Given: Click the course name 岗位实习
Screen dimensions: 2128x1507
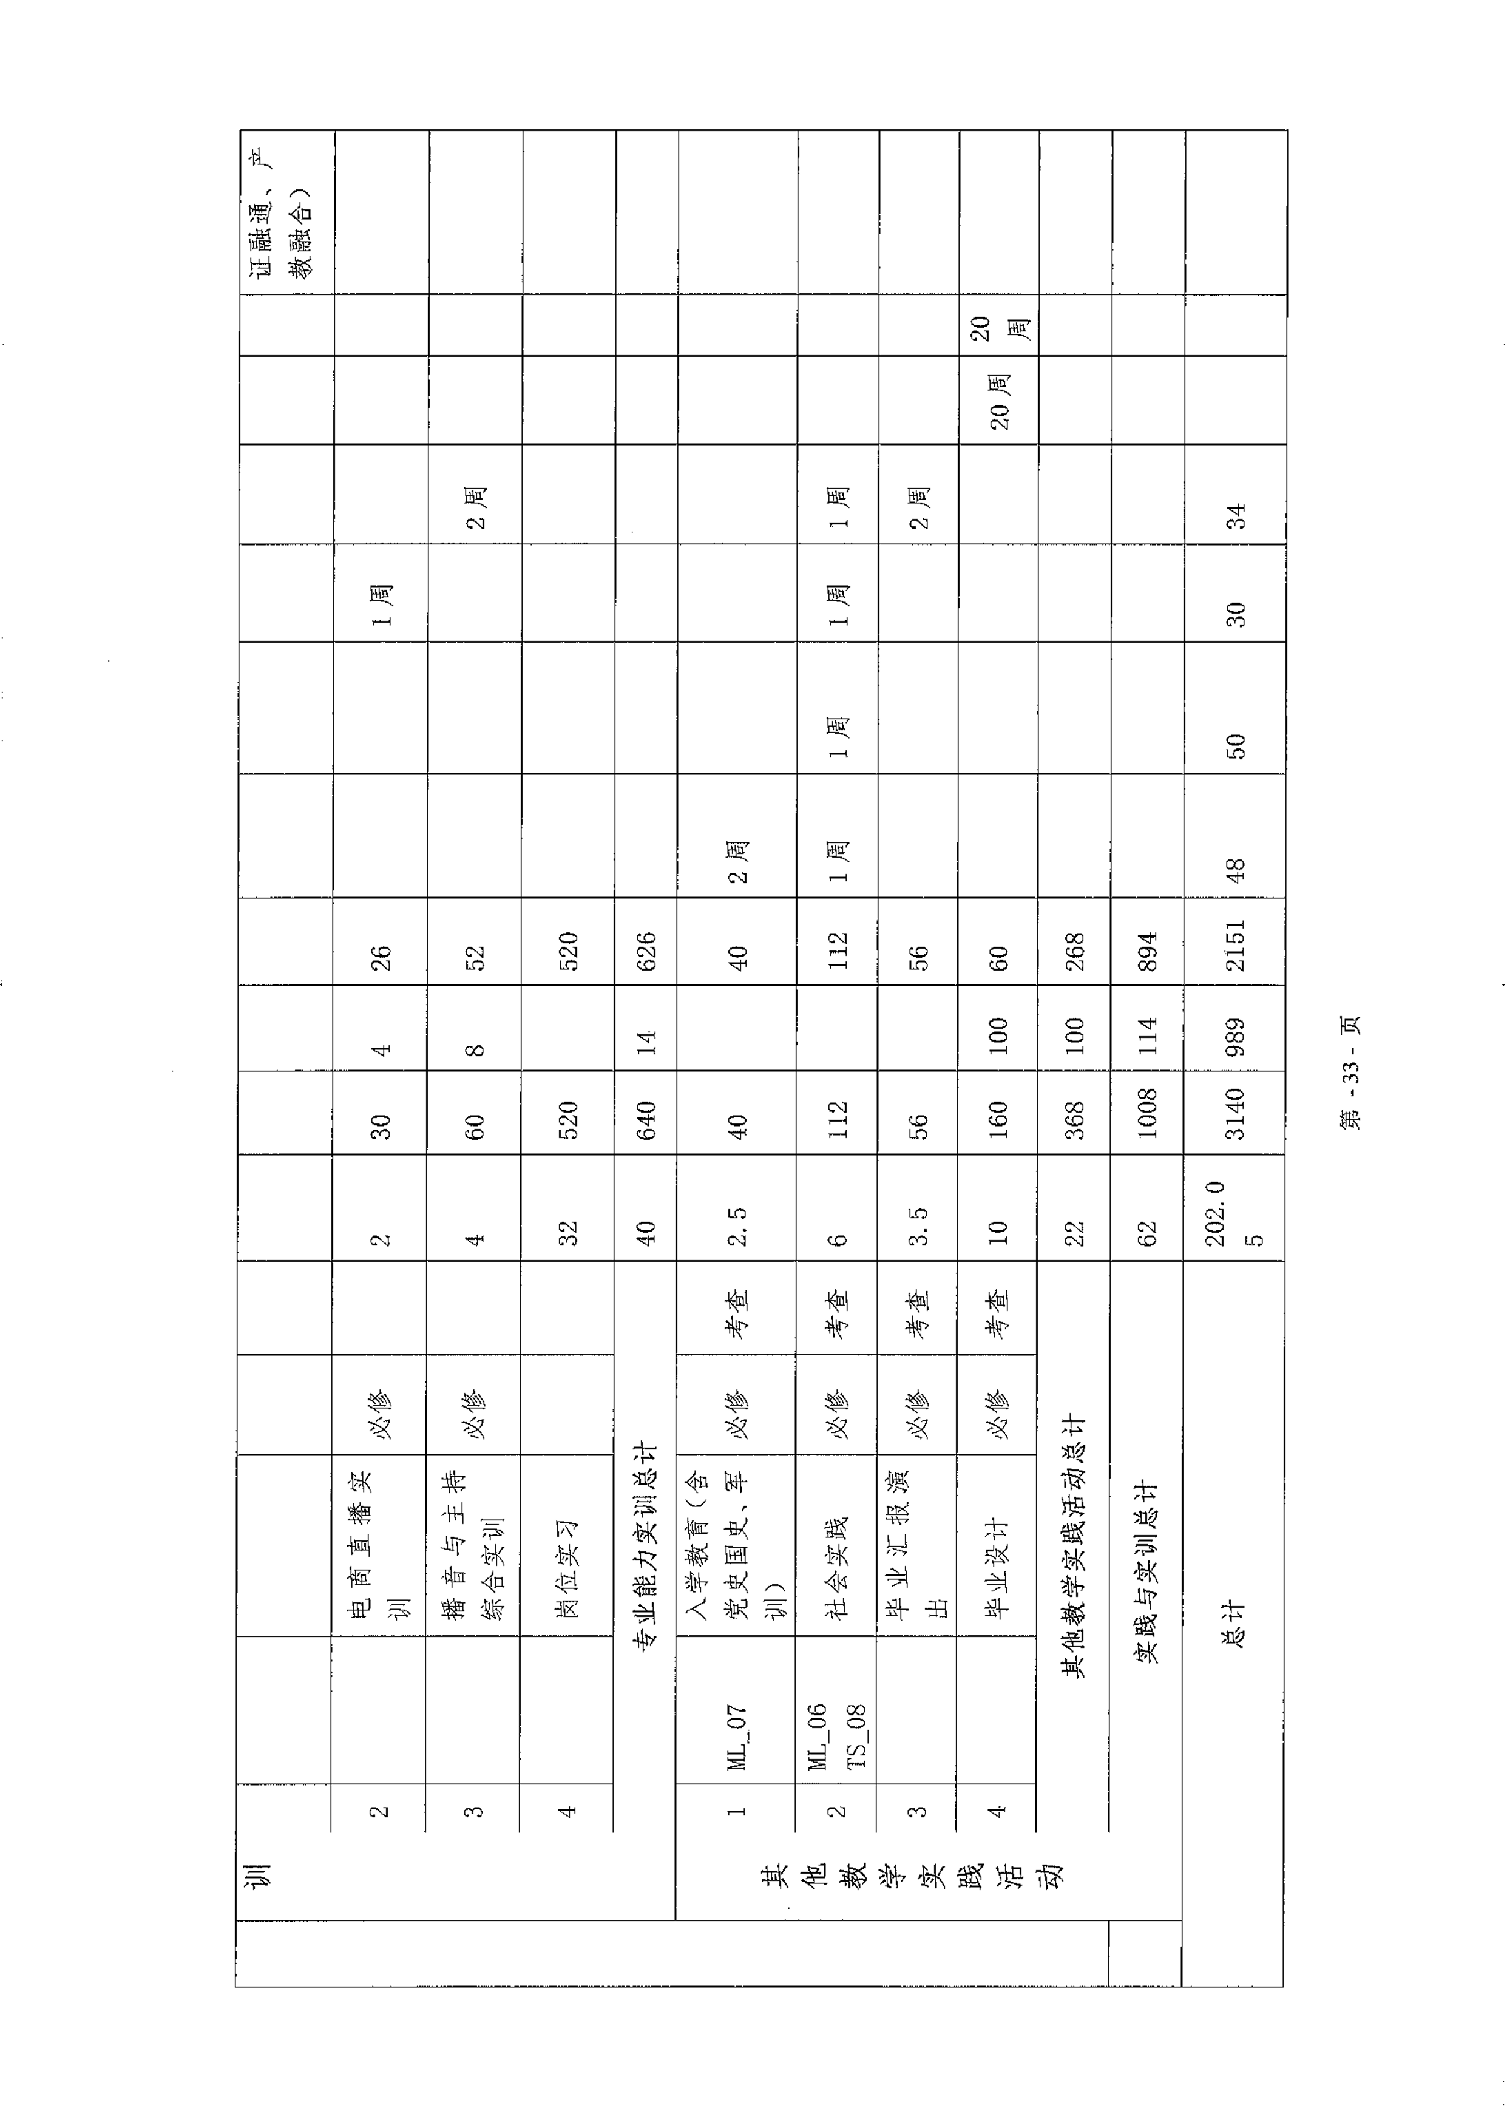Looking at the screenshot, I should pos(567,1568).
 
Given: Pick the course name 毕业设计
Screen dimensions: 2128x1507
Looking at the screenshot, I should pos(998,1568).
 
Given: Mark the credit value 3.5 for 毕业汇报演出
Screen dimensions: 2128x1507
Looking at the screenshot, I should pos(918,1227).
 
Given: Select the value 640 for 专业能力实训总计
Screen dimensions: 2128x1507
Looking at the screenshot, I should pos(645,1120).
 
